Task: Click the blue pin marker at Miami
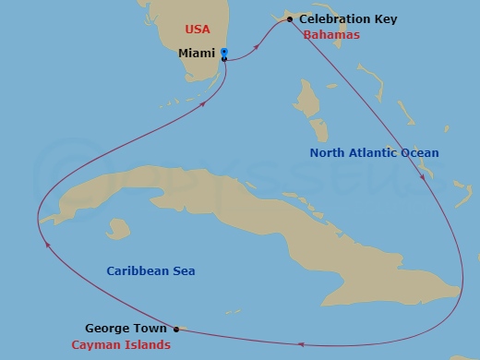[224, 53]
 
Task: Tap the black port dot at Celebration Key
[290, 19]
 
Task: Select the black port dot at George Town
[176, 329]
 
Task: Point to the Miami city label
[196, 54]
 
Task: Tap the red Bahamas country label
[330, 35]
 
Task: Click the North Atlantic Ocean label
[374, 153]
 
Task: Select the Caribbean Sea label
[150, 270]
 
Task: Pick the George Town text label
[126, 328]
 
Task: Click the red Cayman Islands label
[121, 344]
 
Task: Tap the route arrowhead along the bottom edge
[301, 345]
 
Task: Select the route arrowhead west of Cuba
[45, 244]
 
